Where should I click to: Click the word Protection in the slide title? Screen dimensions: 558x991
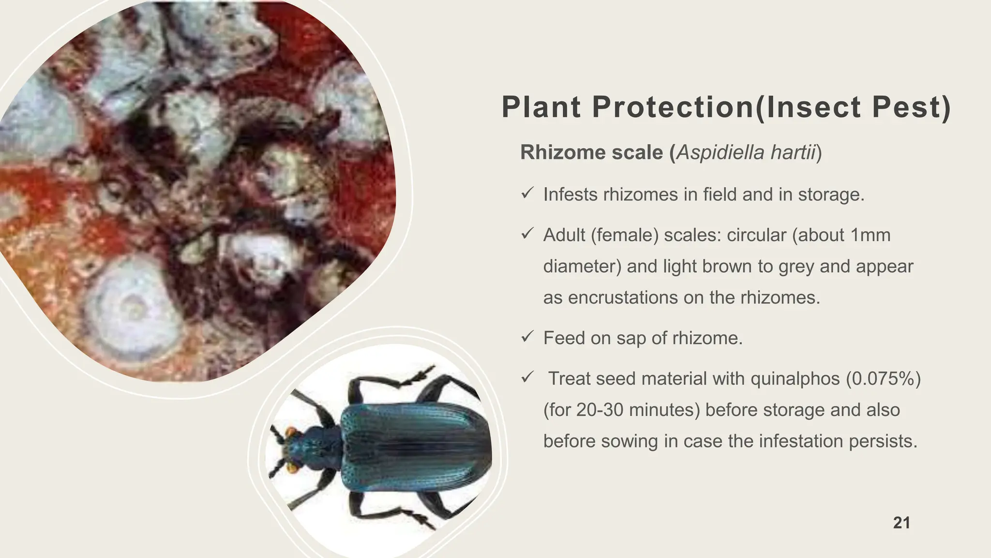point(673,107)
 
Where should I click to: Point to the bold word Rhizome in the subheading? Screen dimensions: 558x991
point(561,152)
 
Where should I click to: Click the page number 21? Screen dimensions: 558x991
point(901,523)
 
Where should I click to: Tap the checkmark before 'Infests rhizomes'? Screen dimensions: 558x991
point(527,194)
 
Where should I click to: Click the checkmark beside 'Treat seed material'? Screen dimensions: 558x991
point(527,377)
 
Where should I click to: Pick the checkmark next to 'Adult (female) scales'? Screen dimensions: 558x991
point(527,234)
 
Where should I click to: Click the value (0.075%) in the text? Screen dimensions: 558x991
point(883,378)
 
